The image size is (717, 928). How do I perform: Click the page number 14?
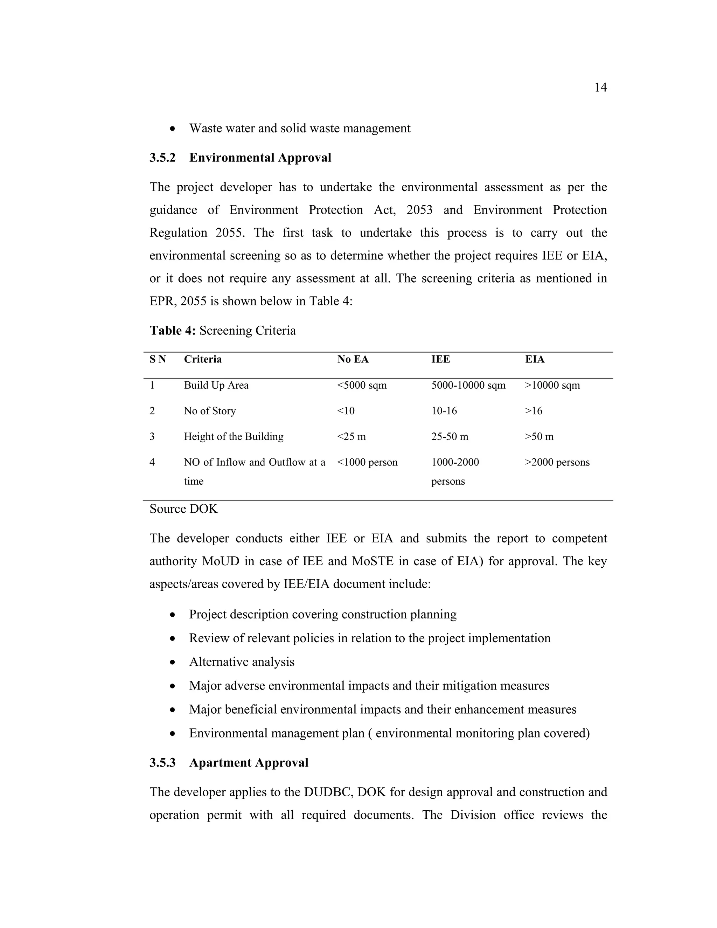click(600, 88)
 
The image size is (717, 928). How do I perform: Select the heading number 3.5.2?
click(162, 158)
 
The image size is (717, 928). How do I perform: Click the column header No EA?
click(353, 360)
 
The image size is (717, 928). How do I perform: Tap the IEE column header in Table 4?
click(440, 360)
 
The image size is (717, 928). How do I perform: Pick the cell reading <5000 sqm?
click(362, 386)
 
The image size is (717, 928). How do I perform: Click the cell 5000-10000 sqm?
click(468, 386)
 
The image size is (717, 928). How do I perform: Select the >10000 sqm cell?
click(552, 386)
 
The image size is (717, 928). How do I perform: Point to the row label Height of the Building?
click(233, 437)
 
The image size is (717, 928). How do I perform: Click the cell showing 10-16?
click(444, 411)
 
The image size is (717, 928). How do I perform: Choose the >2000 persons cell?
click(557, 462)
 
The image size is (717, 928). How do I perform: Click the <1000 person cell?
click(367, 462)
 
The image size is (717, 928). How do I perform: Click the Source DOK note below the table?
click(183, 509)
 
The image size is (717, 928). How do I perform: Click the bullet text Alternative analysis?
click(241, 662)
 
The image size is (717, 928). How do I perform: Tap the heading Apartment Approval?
click(249, 763)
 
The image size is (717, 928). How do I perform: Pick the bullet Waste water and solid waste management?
click(299, 128)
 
